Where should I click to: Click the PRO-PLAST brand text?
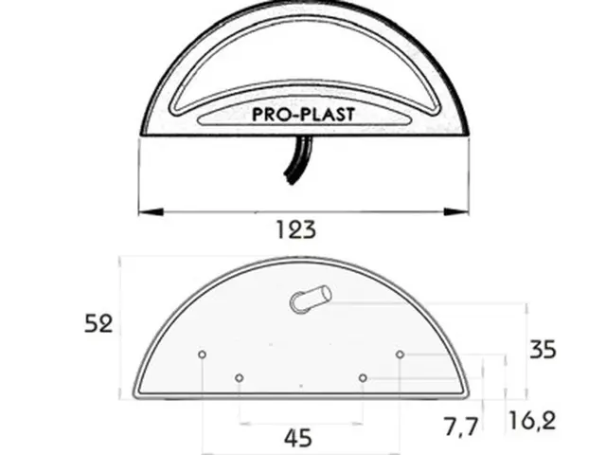click(303, 116)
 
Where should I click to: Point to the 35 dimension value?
click(543, 350)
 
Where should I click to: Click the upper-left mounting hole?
click(202, 355)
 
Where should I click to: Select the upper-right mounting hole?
click(400, 355)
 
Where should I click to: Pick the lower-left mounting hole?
click(239, 378)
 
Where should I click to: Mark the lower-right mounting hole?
click(364, 378)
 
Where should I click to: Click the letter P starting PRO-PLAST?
click(257, 116)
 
